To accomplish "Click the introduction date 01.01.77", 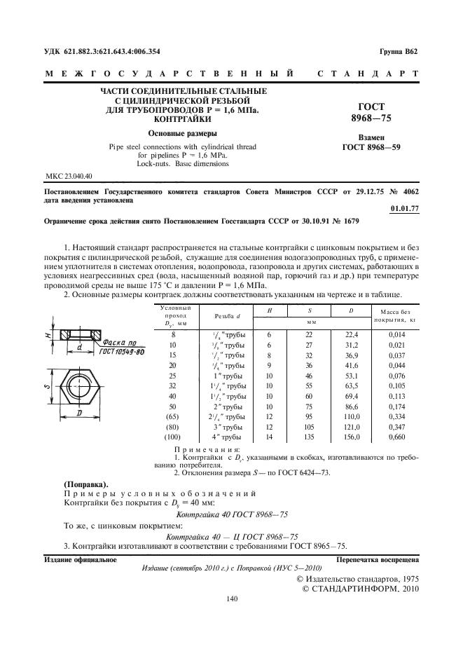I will [x=404, y=208].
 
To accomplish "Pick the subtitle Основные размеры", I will [x=184, y=132].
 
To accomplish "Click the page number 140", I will [x=231, y=598].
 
